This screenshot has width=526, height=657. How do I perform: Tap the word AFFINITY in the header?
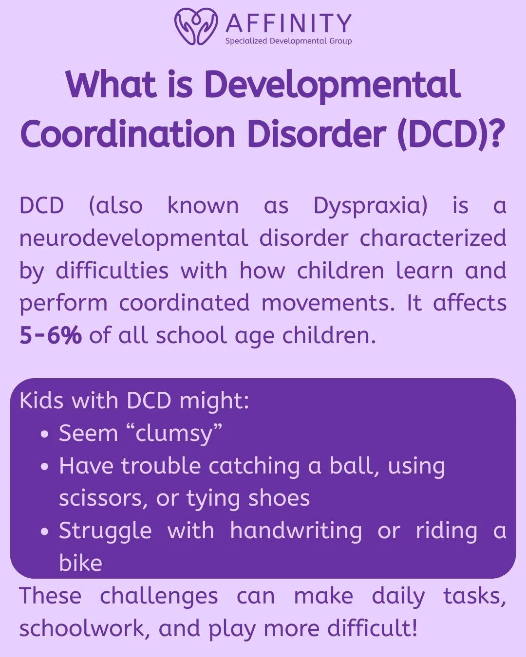pos(288,22)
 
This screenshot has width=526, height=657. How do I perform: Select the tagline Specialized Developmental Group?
pos(288,41)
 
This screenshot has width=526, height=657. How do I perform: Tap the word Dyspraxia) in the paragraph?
pos(370,205)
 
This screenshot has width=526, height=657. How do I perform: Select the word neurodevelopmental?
pos(133,238)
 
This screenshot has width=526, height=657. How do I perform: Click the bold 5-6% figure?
pos(51,335)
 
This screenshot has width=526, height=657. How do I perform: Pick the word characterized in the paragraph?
pos(433,238)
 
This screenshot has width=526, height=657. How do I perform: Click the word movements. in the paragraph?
pos(328,303)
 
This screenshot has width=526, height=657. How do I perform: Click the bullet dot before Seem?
pos(45,434)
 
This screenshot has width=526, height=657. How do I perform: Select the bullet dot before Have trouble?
pos(45,467)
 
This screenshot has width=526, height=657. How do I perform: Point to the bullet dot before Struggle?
pos(45,531)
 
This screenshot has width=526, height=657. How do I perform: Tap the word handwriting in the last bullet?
pos(296,530)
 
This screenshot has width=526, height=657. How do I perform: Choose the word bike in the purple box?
pos(80,563)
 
